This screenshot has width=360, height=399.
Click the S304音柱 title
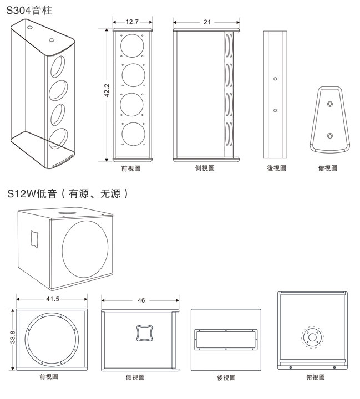point(29,11)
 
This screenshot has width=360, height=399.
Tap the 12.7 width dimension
point(132,22)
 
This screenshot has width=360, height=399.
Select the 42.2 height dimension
point(107,91)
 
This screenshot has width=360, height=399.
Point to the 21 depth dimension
point(206,22)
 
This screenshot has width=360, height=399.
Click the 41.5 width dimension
point(52,299)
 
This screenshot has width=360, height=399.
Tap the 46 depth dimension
point(140,300)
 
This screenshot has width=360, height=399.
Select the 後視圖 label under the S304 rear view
point(276,168)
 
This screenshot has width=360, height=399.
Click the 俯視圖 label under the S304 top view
point(327,168)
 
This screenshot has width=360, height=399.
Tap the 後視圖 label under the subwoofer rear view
point(225,378)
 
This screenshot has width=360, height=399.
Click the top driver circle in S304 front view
point(133,45)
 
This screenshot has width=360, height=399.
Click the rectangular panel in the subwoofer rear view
point(225,339)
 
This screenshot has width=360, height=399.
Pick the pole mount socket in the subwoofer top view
point(311,336)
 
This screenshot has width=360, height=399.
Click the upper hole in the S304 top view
point(329,105)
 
